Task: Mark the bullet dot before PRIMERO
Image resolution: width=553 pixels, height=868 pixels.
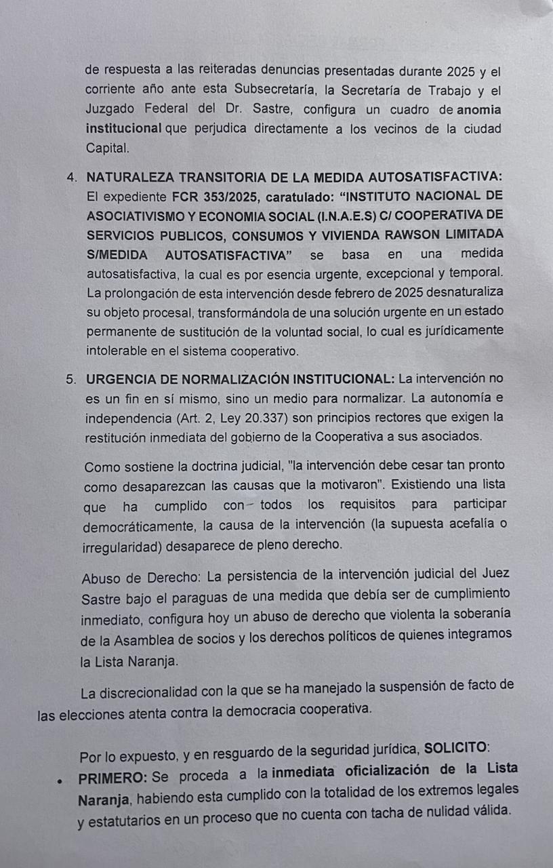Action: tap(60, 780)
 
